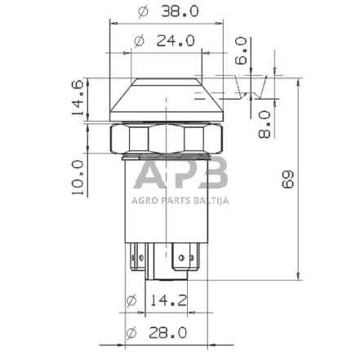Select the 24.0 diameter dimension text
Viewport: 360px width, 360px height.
point(175,40)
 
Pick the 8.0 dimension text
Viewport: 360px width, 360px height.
point(264,123)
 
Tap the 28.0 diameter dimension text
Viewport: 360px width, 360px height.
point(167,332)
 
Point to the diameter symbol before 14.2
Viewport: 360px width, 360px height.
point(131,302)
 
